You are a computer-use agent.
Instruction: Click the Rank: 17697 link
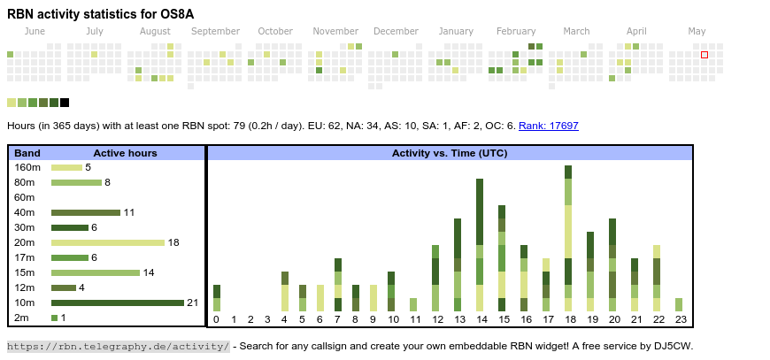point(549,126)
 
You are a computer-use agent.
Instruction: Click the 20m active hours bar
point(108,242)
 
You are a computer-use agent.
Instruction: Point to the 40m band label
point(25,212)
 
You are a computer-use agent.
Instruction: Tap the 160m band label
point(27,167)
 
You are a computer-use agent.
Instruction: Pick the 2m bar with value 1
point(54,318)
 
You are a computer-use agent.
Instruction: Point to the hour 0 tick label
point(217,319)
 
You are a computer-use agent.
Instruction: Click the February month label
point(516,31)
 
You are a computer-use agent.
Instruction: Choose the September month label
point(215,31)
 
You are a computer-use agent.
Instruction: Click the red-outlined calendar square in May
point(705,55)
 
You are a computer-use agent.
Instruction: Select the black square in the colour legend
point(65,103)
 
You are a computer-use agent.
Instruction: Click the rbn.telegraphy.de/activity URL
point(119,346)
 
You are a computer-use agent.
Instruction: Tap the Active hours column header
point(125,153)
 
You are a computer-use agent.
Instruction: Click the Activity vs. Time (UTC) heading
point(450,153)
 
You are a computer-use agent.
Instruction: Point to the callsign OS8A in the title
point(176,14)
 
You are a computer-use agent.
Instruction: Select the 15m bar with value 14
point(96,272)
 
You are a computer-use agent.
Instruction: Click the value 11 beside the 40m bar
point(129,212)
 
